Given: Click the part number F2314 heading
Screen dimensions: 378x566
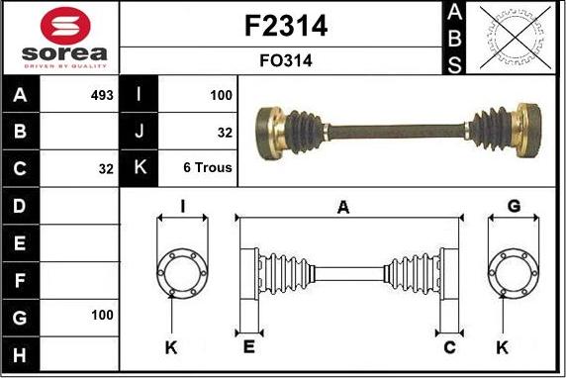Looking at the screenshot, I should coord(285,26).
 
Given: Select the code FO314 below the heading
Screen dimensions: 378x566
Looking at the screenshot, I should coord(285,60).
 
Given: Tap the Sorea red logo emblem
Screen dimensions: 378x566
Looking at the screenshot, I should coord(60,23).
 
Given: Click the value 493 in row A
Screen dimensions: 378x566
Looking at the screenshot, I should coord(102,96).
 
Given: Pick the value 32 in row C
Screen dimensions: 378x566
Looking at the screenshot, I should coord(106,168).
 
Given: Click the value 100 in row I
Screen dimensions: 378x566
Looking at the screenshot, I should coord(221,96).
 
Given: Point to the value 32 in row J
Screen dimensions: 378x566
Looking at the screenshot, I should coord(225,132).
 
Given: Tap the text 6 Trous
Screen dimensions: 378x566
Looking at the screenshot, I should coord(208,168).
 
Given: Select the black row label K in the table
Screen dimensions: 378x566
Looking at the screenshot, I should coord(140,168).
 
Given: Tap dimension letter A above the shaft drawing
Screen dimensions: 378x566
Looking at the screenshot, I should coord(343,207).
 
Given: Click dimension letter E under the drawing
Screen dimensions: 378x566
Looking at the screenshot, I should coord(248,347).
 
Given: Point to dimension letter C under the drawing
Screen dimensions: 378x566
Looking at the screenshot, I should coord(449,347).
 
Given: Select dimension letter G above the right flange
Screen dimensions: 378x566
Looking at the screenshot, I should coord(514,207).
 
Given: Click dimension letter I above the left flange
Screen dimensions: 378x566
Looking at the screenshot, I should coord(183,207).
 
